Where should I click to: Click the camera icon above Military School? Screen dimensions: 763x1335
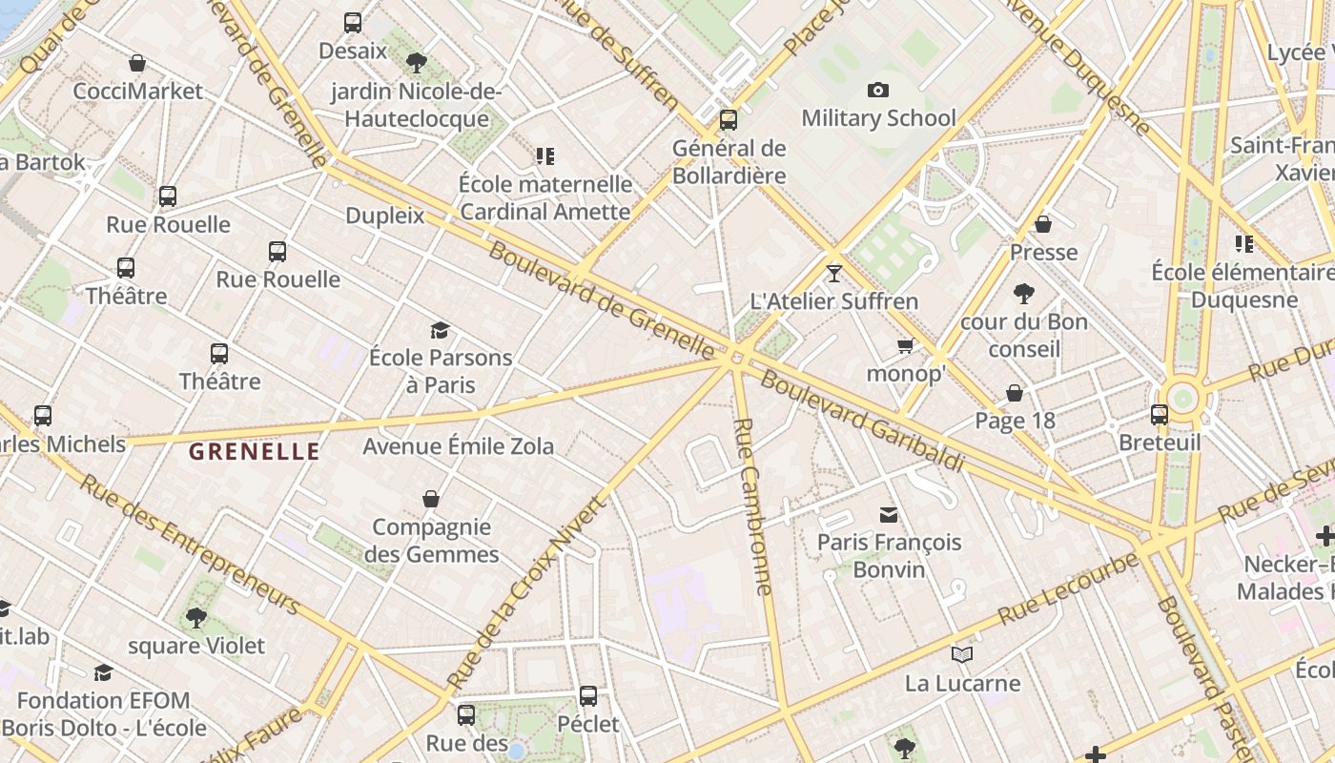pyautogui.click(x=877, y=90)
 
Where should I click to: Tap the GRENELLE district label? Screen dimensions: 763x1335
pyautogui.click(x=254, y=452)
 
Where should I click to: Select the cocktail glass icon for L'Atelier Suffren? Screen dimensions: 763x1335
pyautogui.click(x=834, y=274)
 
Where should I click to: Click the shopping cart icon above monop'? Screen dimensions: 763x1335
pyautogui.click(x=905, y=345)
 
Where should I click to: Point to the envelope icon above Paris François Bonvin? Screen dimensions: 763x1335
pyautogui.click(x=889, y=515)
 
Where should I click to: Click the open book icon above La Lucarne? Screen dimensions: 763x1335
pyautogui.click(x=962, y=655)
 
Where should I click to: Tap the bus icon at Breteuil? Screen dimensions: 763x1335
pyautogui.click(x=1160, y=415)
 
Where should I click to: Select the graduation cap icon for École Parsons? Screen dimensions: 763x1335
pyautogui.click(x=440, y=331)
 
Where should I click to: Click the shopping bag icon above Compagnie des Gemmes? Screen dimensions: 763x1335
pyautogui.click(x=431, y=499)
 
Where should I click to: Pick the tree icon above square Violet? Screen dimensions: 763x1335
pyautogui.click(x=196, y=618)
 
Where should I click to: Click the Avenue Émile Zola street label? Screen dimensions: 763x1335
pyautogui.click(x=458, y=446)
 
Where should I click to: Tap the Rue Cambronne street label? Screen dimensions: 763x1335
pyautogui.click(x=751, y=505)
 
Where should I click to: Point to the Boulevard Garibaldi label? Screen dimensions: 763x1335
pyautogui.click(x=863, y=421)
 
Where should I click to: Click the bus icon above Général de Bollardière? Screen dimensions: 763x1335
pyautogui.click(x=729, y=120)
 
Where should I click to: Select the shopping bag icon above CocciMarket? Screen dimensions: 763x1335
pyautogui.click(x=137, y=64)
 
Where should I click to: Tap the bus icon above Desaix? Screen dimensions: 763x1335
pyautogui.click(x=353, y=23)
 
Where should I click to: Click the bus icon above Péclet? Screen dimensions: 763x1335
pyautogui.click(x=588, y=696)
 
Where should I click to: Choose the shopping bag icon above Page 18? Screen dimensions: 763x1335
pyautogui.click(x=1015, y=393)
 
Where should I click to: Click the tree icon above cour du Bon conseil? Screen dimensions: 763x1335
pyautogui.click(x=1024, y=294)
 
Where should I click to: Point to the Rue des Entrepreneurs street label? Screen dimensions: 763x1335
pyautogui.click(x=190, y=544)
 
